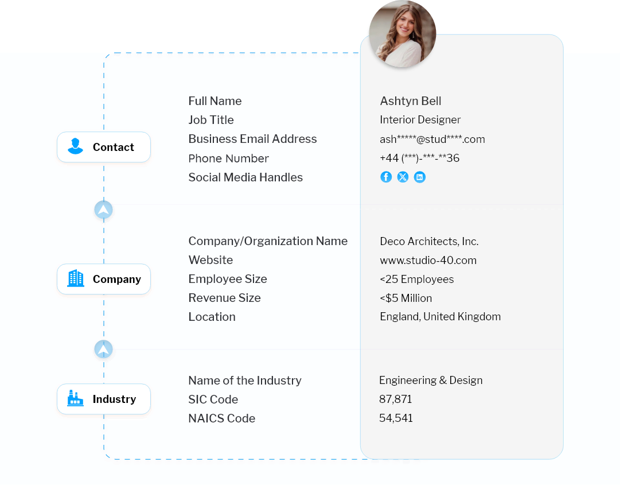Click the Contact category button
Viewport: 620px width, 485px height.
(x=104, y=148)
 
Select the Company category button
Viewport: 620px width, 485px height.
(x=104, y=280)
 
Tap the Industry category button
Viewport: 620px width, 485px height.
(x=104, y=399)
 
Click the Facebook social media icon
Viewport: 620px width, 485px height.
(x=386, y=177)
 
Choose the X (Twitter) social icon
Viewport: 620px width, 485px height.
(x=403, y=177)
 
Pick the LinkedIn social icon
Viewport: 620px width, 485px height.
(x=420, y=177)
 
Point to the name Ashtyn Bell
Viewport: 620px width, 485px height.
(x=411, y=101)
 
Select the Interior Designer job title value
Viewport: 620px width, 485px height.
(x=420, y=120)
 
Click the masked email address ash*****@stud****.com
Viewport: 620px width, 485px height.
(x=432, y=139)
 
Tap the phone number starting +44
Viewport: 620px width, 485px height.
(x=419, y=158)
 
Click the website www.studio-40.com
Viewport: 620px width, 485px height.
(x=428, y=261)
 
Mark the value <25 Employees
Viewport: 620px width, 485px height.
(x=416, y=280)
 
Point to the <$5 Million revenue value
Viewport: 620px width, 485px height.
(x=405, y=298)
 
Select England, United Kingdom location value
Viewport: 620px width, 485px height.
(x=440, y=317)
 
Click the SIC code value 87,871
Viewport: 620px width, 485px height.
(x=395, y=399)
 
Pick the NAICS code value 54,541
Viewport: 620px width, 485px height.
(x=396, y=418)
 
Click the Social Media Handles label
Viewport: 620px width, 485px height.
(x=245, y=177)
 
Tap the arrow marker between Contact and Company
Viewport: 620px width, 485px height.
(x=103, y=210)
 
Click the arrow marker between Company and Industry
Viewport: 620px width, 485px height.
(x=103, y=350)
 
